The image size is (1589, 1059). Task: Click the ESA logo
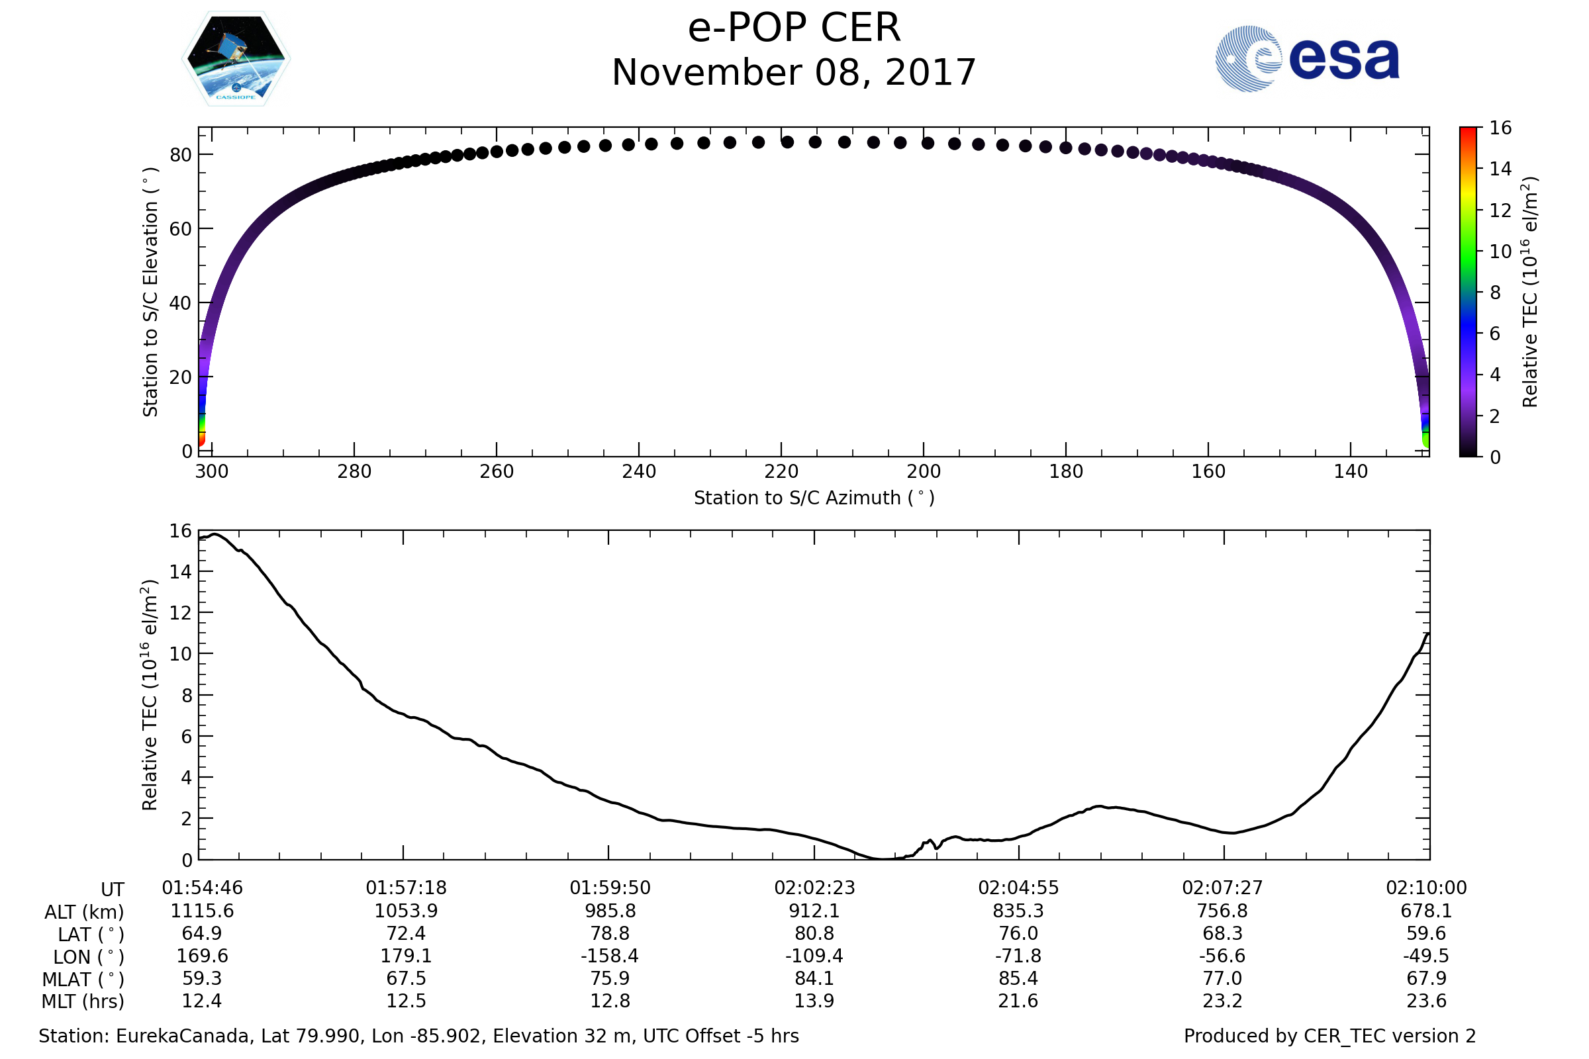click(1306, 60)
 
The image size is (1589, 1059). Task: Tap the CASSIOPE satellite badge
click(236, 59)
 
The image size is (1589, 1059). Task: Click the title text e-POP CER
click(794, 28)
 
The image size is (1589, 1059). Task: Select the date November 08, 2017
click(794, 73)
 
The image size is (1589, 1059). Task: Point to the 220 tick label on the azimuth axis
click(781, 472)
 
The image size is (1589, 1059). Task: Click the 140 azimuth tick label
click(1350, 472)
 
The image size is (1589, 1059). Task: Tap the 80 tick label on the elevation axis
click(180, 156)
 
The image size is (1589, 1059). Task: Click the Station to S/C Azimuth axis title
click(814, 498)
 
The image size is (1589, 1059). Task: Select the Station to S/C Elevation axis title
click(151, 292)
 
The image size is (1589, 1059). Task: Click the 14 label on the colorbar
click(1500, 169)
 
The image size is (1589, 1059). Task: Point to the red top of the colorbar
click(1467, 131)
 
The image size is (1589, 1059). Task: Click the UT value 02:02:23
click(814, 888)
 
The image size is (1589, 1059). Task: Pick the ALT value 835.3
click(1018, 911)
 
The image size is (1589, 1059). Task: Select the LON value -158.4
click(610, 956)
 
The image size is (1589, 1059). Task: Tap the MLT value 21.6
click(1018, 1001)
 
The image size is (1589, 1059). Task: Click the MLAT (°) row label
click(83, 980)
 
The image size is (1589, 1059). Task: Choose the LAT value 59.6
click(1426, 933)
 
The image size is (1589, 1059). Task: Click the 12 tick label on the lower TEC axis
click(180, 614)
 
